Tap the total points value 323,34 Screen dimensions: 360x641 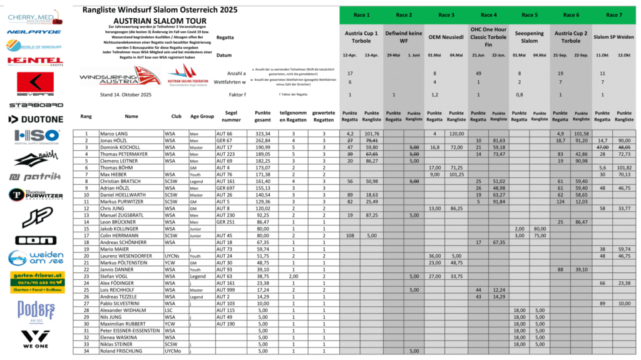click(263, 133)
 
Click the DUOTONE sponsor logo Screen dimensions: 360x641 click(35, 118)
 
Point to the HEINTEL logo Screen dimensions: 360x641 click(35, 61)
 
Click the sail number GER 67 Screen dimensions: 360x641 click(224, 141)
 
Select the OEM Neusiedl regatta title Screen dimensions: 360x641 click(445, 37)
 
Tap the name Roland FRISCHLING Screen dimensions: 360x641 click(121, 351)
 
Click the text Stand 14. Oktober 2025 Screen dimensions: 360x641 click(126, 95)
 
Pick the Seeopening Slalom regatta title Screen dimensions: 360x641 click(529, 37)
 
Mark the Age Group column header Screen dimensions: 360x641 click(202, 116)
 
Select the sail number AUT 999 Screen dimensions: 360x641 click(226, 291)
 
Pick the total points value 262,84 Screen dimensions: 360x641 click(263, 141)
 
